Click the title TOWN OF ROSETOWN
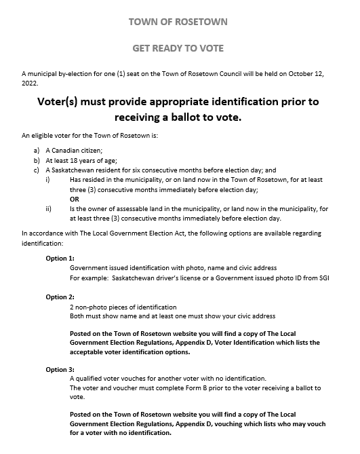[178, 22]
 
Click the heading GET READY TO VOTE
[178, 48]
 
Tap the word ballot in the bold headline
[186, 117]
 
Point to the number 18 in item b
[72, 160]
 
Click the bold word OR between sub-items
[75, 200]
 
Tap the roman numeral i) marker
[47, 180]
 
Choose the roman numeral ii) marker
[48, 209]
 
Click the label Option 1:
[60, 258]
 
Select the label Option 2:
[60, 297]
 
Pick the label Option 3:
[60, 369]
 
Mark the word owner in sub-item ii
[105, 210]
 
